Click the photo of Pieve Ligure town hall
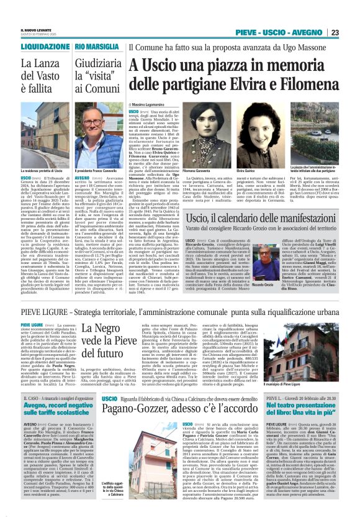pos(310,339)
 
